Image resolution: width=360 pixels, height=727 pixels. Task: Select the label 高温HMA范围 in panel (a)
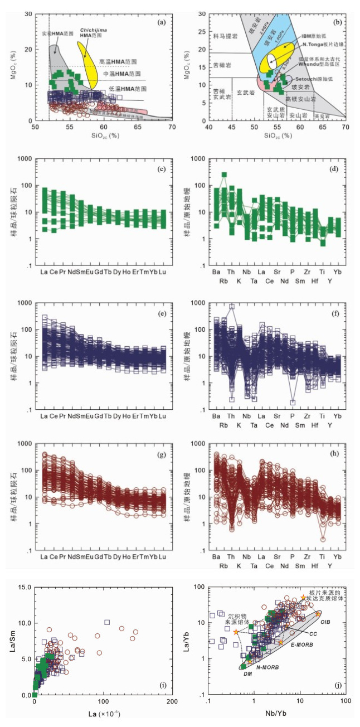[118, 61]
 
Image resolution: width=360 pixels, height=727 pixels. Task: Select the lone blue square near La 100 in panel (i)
[107, 622]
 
